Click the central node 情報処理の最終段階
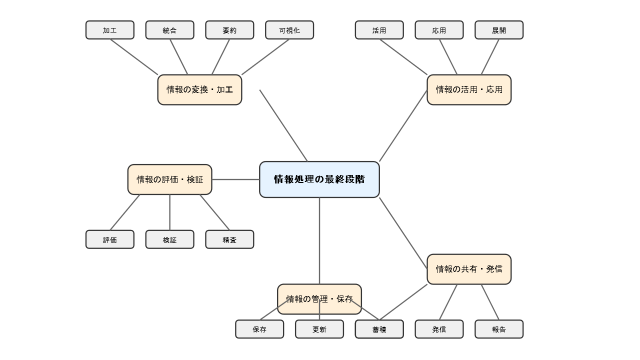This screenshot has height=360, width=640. point(319,179)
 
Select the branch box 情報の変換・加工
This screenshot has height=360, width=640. point(199,90)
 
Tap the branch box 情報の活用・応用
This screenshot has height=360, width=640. point(469,90)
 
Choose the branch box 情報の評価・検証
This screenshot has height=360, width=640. point(169,179)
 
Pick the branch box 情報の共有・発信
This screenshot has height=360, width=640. point(469,269)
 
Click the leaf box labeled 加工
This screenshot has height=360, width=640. point(110,30)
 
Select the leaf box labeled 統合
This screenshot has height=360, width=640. point(169,30)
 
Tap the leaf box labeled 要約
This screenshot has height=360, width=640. point(229,30)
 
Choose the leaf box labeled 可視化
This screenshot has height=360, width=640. point(289,30)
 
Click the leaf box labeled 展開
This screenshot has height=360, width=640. point(499,30)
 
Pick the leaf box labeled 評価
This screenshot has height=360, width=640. point(110,239)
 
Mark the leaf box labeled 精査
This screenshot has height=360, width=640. point(229,239)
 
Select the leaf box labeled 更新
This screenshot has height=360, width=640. point(319,329)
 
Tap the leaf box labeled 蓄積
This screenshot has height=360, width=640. point(379,329)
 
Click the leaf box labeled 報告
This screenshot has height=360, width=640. point(499,329)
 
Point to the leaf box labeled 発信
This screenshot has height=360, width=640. point(439,329)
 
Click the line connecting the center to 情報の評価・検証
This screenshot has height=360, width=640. point(235,179)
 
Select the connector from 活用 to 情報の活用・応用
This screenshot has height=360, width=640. point(403,57)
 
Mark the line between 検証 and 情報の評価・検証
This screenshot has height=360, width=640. point(169,212)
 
